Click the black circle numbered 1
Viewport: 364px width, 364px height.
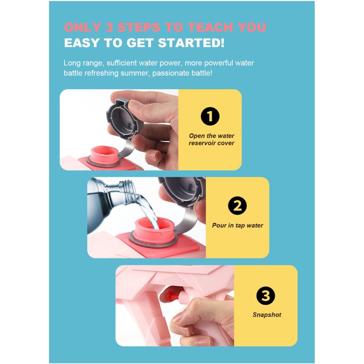click(x=210, y=116)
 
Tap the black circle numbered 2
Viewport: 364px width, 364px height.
click(x=237, y=206)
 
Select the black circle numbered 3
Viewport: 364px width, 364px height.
click(x=266, y=296)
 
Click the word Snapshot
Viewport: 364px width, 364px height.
click(x=267, y=315)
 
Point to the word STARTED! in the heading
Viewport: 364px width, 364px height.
click(x=191, y=43)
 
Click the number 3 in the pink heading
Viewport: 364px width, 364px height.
click(x=109, y=27)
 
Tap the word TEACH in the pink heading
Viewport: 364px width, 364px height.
click(x=210, y=27)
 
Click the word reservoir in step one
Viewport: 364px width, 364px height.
click(x=202, y=143)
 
